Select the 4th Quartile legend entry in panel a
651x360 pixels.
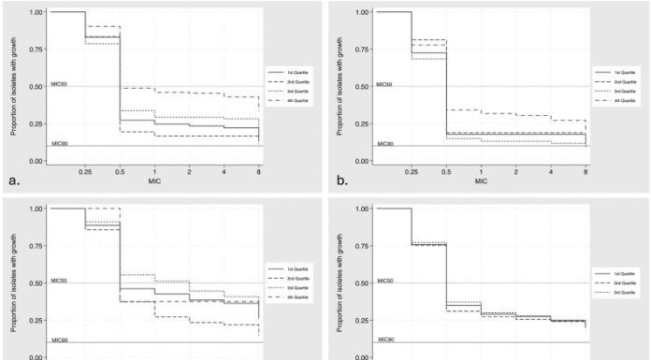click(297, 100)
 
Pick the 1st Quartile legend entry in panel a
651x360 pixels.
click(297, 71)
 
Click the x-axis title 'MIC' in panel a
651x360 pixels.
click(154, 181)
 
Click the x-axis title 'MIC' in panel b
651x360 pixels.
click(480, 181)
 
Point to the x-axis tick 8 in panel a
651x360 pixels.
click(259, 172)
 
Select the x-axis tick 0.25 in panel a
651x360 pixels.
click(85, 172)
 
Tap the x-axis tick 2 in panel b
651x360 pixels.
click(515, 172)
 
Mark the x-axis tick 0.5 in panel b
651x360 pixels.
click(445, 172)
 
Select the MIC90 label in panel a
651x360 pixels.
click(59, 143)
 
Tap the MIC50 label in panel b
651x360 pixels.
click(384, 83)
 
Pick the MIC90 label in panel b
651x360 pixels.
click(384, 143)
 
